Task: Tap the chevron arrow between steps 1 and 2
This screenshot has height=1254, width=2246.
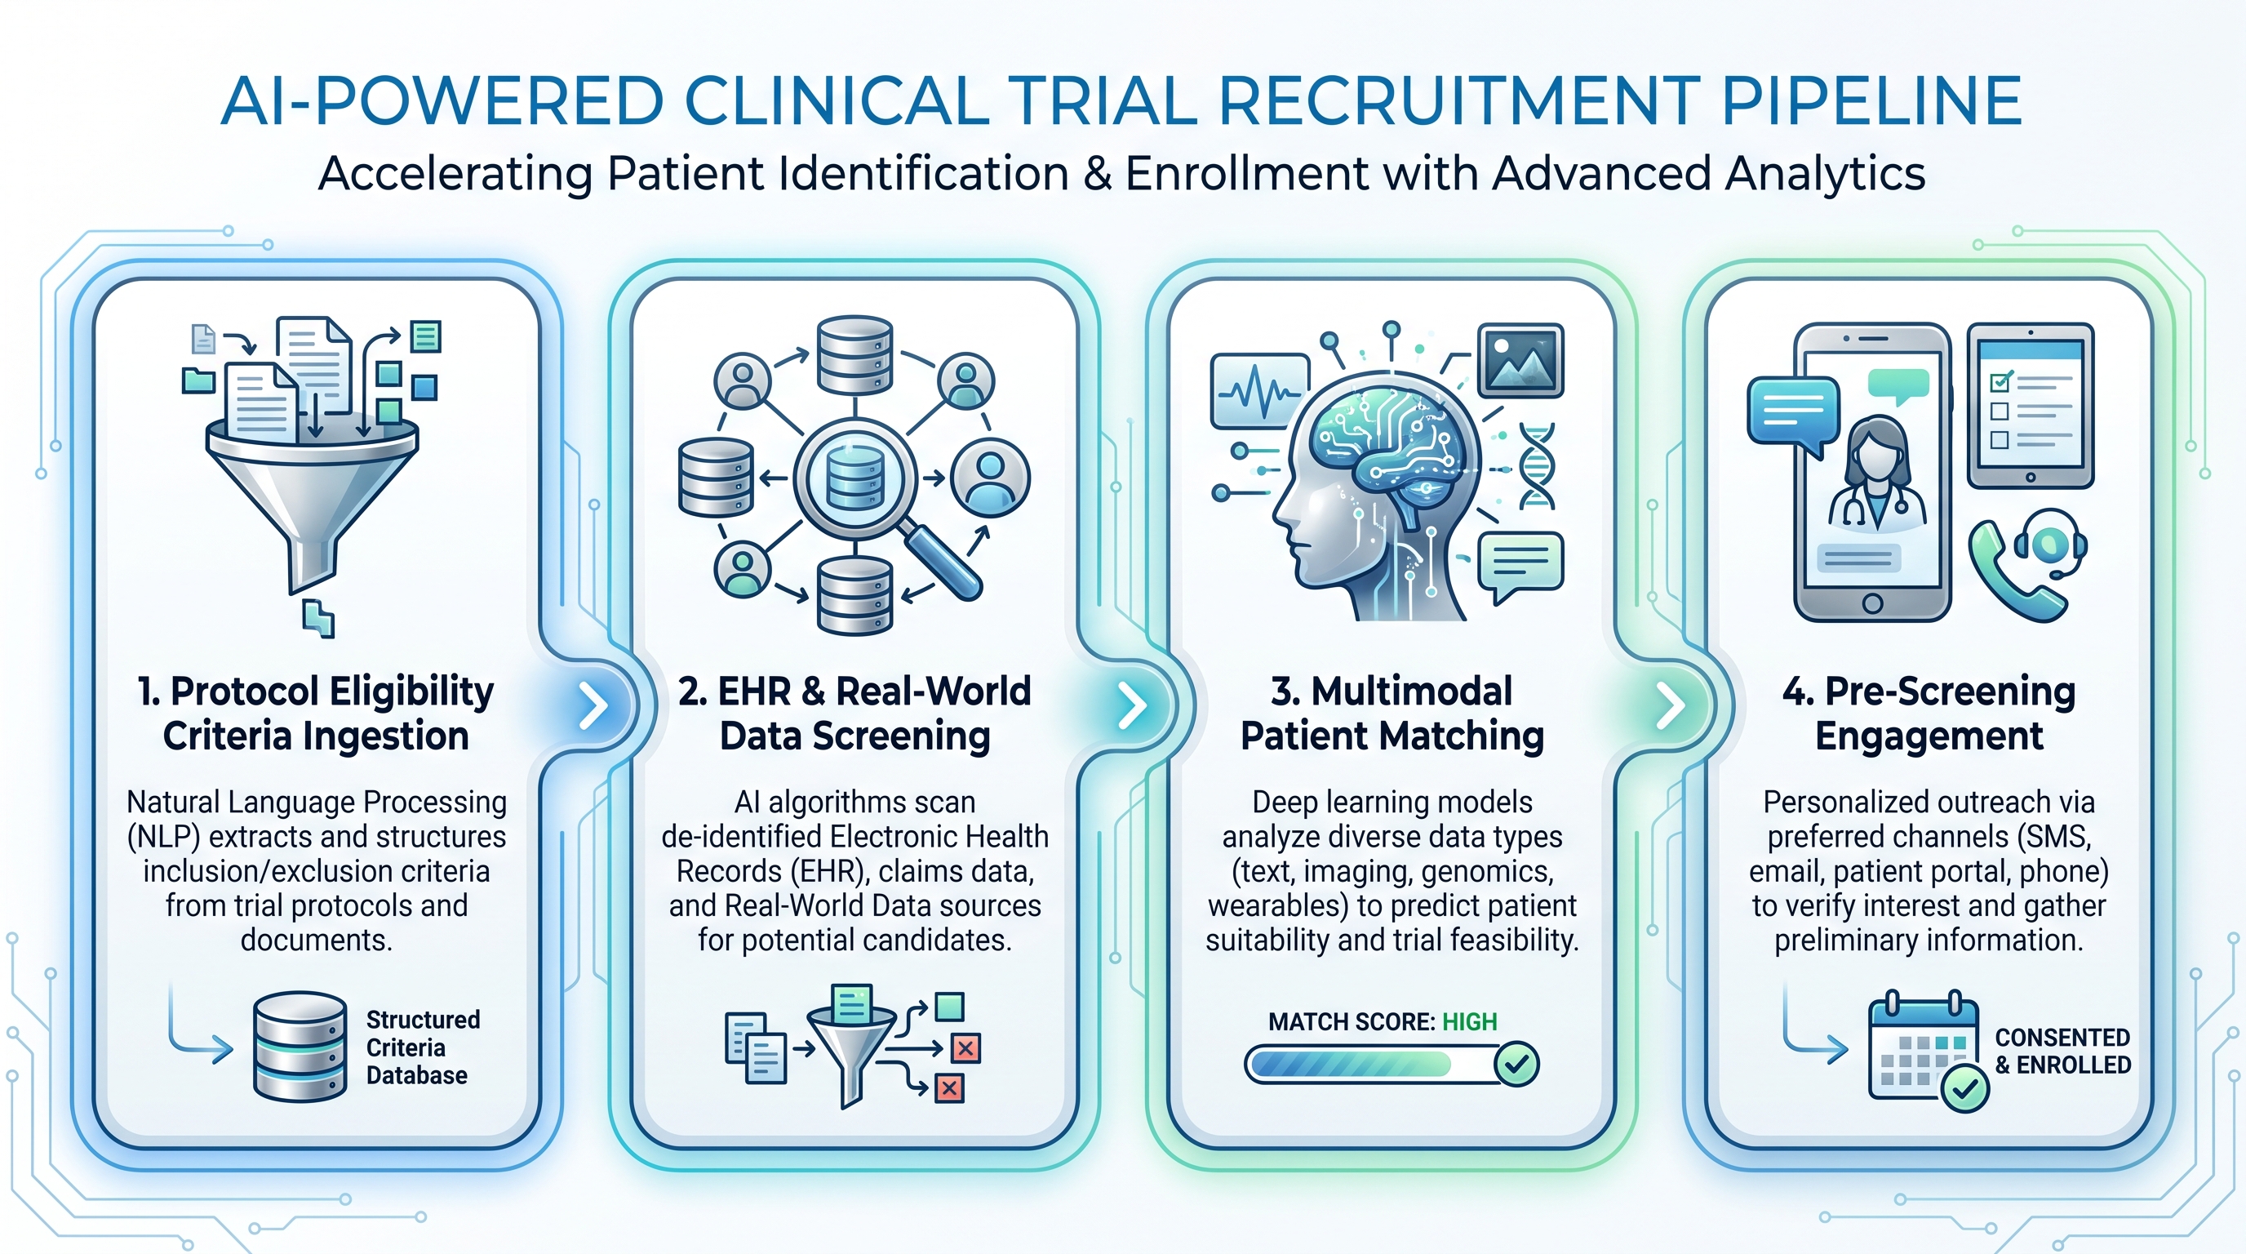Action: point(594,705)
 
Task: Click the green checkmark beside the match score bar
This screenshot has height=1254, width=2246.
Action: point(1516,1064)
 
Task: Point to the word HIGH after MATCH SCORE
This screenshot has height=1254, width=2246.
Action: point(1469,1021)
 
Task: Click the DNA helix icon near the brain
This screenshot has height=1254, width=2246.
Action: point(1536,465)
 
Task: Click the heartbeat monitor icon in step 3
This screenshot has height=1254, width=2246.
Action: point(1259,389)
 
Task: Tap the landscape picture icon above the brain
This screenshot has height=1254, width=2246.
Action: point(1520,360)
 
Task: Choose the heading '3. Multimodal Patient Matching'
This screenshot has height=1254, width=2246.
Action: point(1392,714)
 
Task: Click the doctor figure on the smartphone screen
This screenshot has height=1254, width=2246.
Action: point(1873,475)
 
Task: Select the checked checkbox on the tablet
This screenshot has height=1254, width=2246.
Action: point(2000,381)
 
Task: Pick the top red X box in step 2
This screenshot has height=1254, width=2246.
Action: point(965,1047)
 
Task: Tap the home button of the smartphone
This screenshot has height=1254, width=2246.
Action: point(1872,603)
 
